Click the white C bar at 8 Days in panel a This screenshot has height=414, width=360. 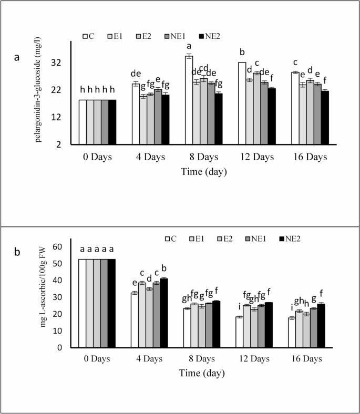coord(189,100)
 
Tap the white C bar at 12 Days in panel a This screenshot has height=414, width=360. coord(242,103)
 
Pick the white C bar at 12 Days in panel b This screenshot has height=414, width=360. coord(239,332)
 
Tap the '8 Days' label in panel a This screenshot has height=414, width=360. coord(203,157)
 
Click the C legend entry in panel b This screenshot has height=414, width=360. coord(171,239)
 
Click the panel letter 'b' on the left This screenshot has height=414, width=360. coord(17,252)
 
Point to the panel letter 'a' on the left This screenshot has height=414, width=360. coord(17,58)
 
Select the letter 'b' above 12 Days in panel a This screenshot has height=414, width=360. coord(242,52)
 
